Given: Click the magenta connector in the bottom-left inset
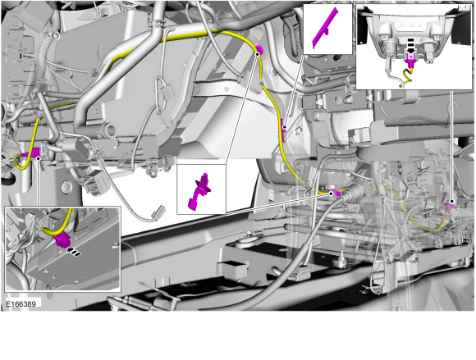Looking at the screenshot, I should (x=63, y=240).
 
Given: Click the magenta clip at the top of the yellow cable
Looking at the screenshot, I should (x=259, y=51).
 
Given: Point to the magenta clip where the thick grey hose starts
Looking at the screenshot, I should (x=335, y=194).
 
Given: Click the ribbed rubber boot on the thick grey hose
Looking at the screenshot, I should (x=355, y=198).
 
